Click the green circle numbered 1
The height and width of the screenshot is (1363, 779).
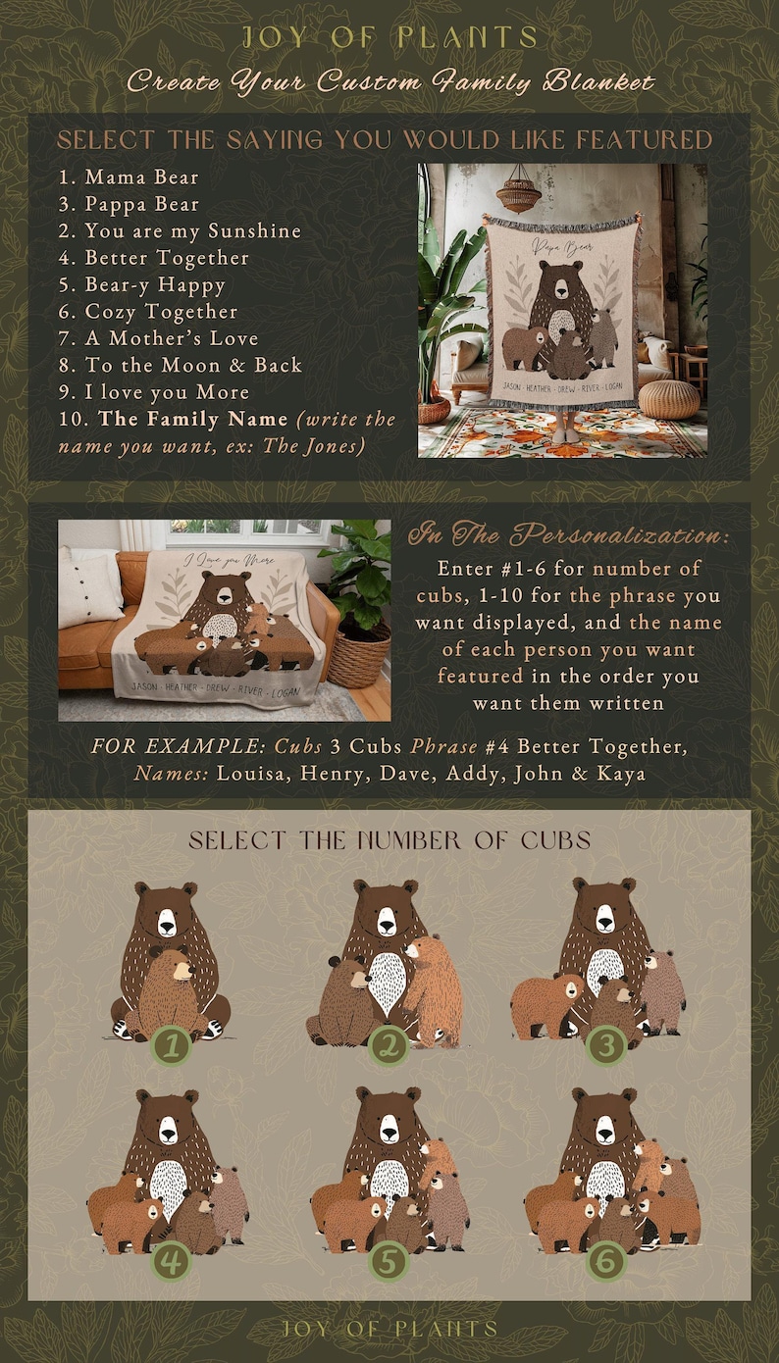[172, 1045]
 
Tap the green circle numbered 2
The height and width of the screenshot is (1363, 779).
[388, 1045]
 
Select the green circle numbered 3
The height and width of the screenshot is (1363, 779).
[606, 1045]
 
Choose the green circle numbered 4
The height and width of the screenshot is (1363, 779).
[171, 1261]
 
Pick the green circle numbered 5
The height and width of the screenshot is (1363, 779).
[388, 1261]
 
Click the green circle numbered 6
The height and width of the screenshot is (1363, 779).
[606, 1261]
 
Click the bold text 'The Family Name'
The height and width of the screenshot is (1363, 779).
[193, 420]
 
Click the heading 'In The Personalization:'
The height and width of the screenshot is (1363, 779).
[568, 534]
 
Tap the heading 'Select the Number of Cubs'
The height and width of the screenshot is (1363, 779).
[389, 840]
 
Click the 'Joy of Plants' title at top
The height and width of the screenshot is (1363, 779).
[390, 37]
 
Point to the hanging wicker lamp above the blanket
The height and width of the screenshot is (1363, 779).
[519, 193]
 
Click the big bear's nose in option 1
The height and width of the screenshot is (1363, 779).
[167, 928]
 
